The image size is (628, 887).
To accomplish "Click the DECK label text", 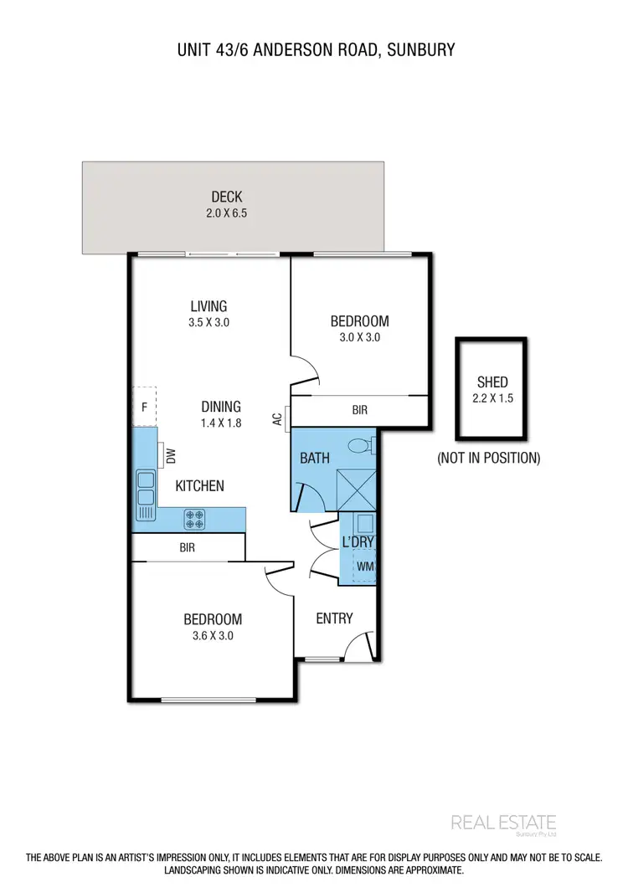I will (x=226, y=197).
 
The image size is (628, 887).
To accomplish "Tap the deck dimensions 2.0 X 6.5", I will (x=226, y=213).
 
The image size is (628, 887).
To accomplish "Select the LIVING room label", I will (x=208, y=306).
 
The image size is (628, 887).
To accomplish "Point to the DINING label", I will (x=221, y=408).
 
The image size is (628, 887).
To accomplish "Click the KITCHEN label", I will (x=199, y=485).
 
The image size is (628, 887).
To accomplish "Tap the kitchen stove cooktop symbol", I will (x=194, y=520).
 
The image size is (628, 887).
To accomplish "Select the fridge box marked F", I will (x=145, y=408).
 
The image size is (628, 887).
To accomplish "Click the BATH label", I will (x=315, y=458).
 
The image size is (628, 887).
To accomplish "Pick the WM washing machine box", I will (x=364, y=567).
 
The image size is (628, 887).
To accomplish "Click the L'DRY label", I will (x=358, y=542).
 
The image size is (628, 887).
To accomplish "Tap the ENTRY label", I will (x=334, y=618).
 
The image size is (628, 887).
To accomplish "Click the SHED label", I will (x=492, y=382).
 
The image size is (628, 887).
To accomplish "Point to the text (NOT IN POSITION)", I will (x=489, y=458).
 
